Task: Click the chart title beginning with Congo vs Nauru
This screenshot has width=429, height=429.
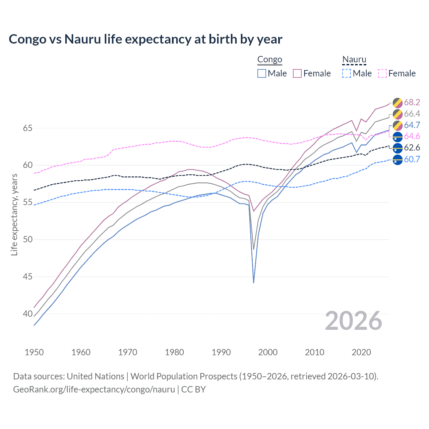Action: [x=145, y=39]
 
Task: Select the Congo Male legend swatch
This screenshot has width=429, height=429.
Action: [x=262, y=73]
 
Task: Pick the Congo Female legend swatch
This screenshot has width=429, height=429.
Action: [x=297, y=73]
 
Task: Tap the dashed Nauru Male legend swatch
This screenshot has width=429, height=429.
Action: [x=347, y=73]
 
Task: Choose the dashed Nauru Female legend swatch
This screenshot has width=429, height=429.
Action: [x=382, y=73]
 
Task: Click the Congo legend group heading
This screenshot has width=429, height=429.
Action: [x=270, y=60]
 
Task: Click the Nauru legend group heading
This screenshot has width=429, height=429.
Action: [x=354, y=60]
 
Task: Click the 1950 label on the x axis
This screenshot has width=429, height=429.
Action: [x=34, y=352]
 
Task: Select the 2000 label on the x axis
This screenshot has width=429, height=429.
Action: [x=268, y=352]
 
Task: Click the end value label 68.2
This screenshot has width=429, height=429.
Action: [x=412, y=102]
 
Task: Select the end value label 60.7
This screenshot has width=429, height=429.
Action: [x=412, y=159]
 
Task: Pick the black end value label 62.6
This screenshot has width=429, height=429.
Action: [x=412, y=148]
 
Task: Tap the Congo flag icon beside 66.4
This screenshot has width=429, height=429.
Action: [x=397, y=114]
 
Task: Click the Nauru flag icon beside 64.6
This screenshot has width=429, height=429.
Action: [x=397, y=136]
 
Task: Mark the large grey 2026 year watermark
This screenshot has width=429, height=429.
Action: [x=354, y=321]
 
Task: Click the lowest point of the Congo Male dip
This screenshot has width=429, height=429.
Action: [x=254, y=283]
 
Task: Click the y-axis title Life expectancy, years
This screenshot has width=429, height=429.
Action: [x=14, y=215]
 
